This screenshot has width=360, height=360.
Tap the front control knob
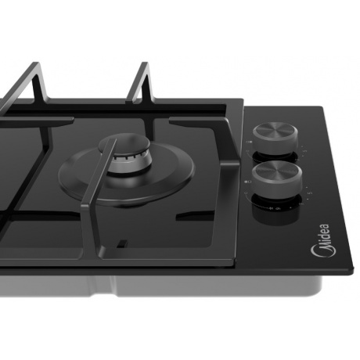[x=277, y=178]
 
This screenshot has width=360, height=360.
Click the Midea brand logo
[x=322, y=241]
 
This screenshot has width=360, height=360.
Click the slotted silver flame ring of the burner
[x=131, y=163]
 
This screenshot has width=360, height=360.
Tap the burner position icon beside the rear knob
[x=250, y=142]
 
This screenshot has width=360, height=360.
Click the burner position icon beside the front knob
[x=248, y=182]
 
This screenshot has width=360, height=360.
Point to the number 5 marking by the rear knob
[x=305, y=151]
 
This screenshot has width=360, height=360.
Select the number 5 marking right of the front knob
[x=310, y=193]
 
